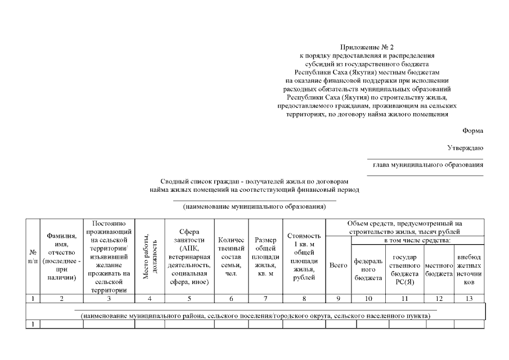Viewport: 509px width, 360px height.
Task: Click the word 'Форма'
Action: coord(472,130)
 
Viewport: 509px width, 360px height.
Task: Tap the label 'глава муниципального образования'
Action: coord(428,165)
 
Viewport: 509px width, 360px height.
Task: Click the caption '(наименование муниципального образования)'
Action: coord(254,206)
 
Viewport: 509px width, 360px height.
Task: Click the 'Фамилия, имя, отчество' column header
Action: coord(62,256)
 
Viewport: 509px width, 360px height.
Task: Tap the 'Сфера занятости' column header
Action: coord(189,256)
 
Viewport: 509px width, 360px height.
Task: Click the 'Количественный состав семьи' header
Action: coord(231,256)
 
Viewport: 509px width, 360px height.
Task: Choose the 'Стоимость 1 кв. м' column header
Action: coord(304,256)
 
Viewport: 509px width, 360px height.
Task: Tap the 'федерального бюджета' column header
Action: coord(368,269)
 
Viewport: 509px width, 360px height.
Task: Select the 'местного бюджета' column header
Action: coord(439,269)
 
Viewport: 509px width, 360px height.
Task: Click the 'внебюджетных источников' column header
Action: coord(469,269)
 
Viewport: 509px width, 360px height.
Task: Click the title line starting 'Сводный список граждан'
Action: coord(254,182)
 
